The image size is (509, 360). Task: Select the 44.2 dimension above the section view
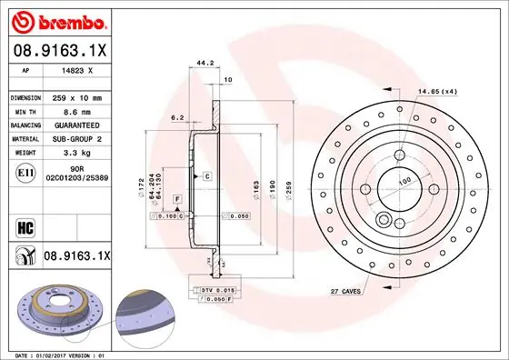205,65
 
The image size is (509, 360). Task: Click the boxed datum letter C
207,175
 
